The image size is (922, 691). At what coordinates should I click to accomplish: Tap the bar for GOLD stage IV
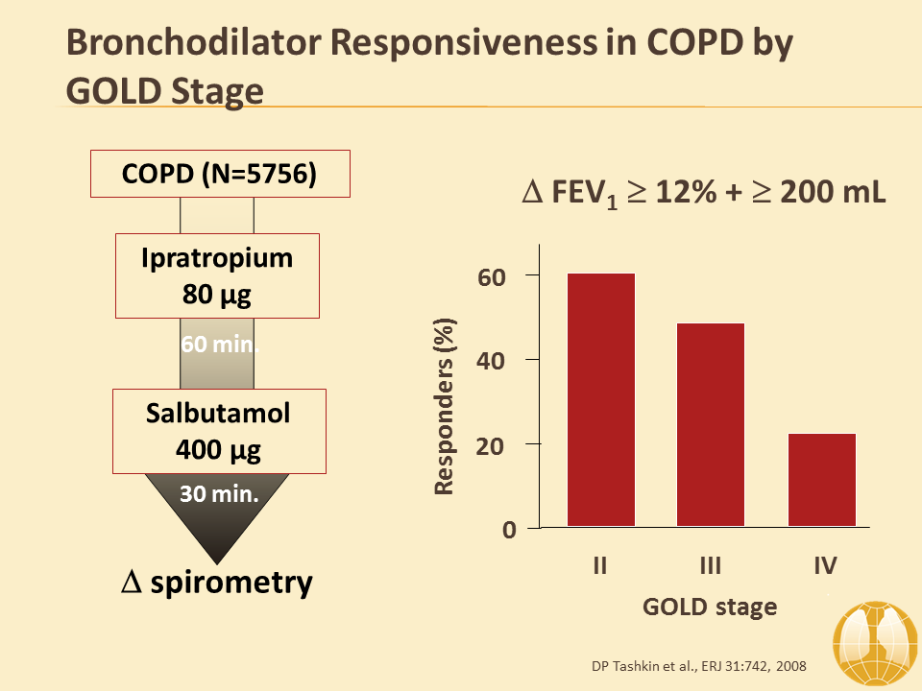coord(821,479)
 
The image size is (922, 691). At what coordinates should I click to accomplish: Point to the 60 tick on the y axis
coord(492,276)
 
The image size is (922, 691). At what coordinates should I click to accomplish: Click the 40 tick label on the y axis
coord(492,361)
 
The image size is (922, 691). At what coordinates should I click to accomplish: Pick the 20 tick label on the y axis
coord(492,445)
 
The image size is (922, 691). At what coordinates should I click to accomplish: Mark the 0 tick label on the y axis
coord(509,530)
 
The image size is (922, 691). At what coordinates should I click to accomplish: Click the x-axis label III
coord(711,566)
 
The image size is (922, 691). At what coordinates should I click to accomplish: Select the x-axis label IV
coord(824,566)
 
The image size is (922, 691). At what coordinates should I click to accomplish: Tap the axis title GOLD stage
coord(710,607)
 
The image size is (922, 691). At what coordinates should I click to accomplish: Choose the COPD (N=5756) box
coord(220,176)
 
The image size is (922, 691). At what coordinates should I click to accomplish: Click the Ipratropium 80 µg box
coord(217,275)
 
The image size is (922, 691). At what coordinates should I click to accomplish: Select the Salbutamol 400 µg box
coord(218,430)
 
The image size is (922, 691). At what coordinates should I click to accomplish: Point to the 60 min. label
coord(218,344)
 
